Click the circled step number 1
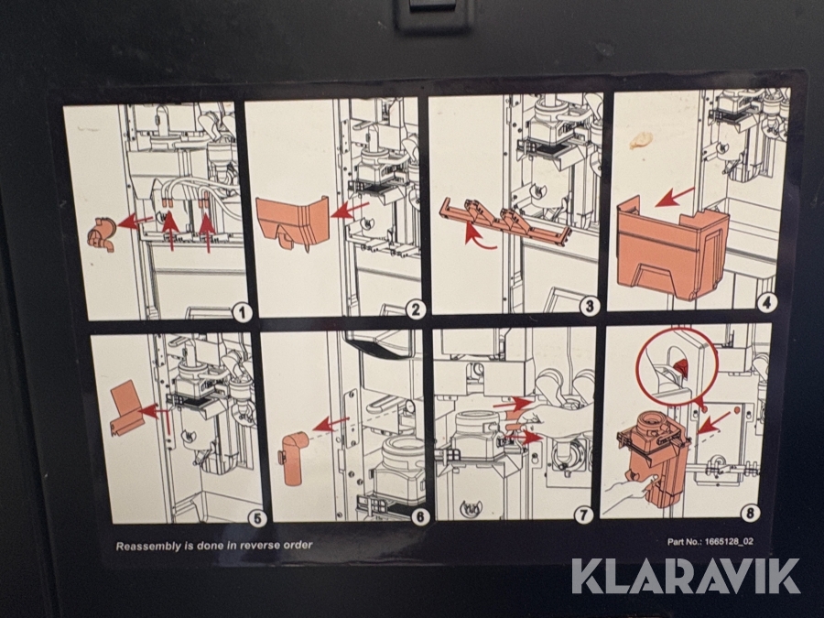pyautogui.click(x=242, y=314)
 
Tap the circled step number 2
pyautogui.click(x=416, y=310)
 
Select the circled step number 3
pyautogui.click(x=589, y=306)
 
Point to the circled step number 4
pyautogui.click(x=766, y=302)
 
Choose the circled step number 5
pyautogui.click(x=257, y=519)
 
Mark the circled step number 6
pyautogui.click(x=420, y=517)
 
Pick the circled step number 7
pyautogui.click(x=583, y=515)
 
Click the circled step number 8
pyautogui.click(x=751, y=513)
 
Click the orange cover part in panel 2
pyautogui.click(x=292, y=222)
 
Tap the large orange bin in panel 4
pyautogui.click(x=672, y=247)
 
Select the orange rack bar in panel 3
pyautogui.click(x=504, y=220)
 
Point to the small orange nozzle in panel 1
pyautogui.click(x=102, y=234)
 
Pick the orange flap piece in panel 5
pyautogui.click(x=126, y=407)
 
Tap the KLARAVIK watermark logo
pyautogui.click(x=686, y=576)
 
